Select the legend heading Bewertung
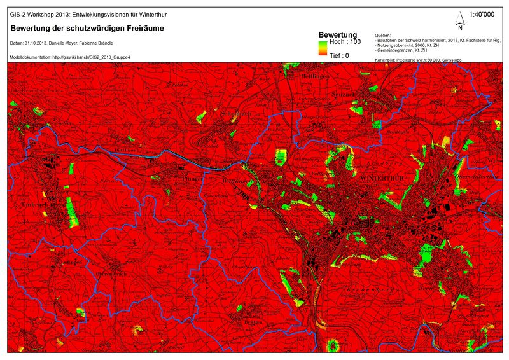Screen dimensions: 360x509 (x=337, y=34)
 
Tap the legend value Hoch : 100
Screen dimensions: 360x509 (x=345, y=41)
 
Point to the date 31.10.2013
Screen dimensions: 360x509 (x=39, y=43)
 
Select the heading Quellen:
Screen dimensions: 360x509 (x=384, y=35)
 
